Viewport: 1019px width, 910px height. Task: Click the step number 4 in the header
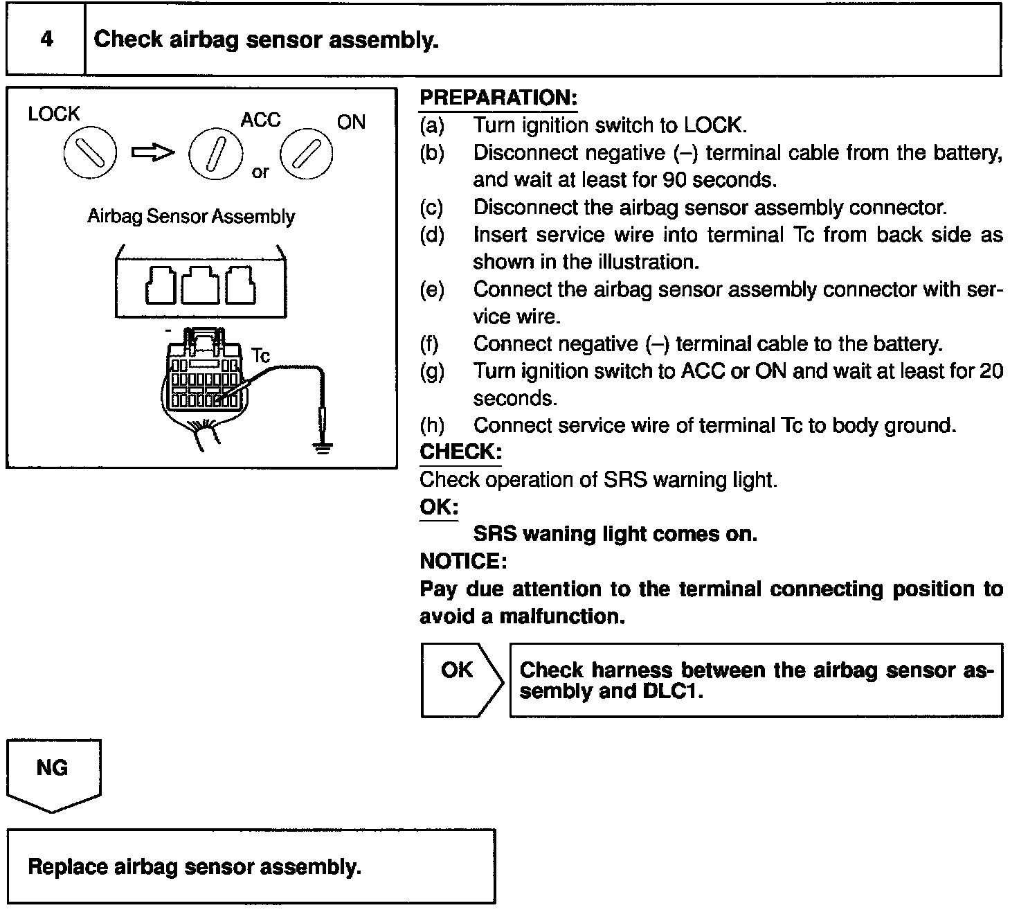point(46,39)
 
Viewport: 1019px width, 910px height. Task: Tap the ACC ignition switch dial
point(215,154)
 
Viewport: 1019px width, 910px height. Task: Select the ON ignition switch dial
point(306,154)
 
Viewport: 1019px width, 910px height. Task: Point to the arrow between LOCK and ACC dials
point(153,152)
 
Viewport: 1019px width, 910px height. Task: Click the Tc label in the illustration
point(260,356)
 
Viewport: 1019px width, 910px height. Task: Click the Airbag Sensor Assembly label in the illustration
point(191,217)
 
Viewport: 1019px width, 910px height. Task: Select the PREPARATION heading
point(498,98)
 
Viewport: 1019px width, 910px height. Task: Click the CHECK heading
point(460,452)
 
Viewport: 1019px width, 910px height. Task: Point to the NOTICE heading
point(464,561)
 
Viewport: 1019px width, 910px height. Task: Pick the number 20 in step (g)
point(991,371)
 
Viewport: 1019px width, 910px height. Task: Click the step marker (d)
point(432,235)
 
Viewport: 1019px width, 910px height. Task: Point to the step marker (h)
point(432,425)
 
